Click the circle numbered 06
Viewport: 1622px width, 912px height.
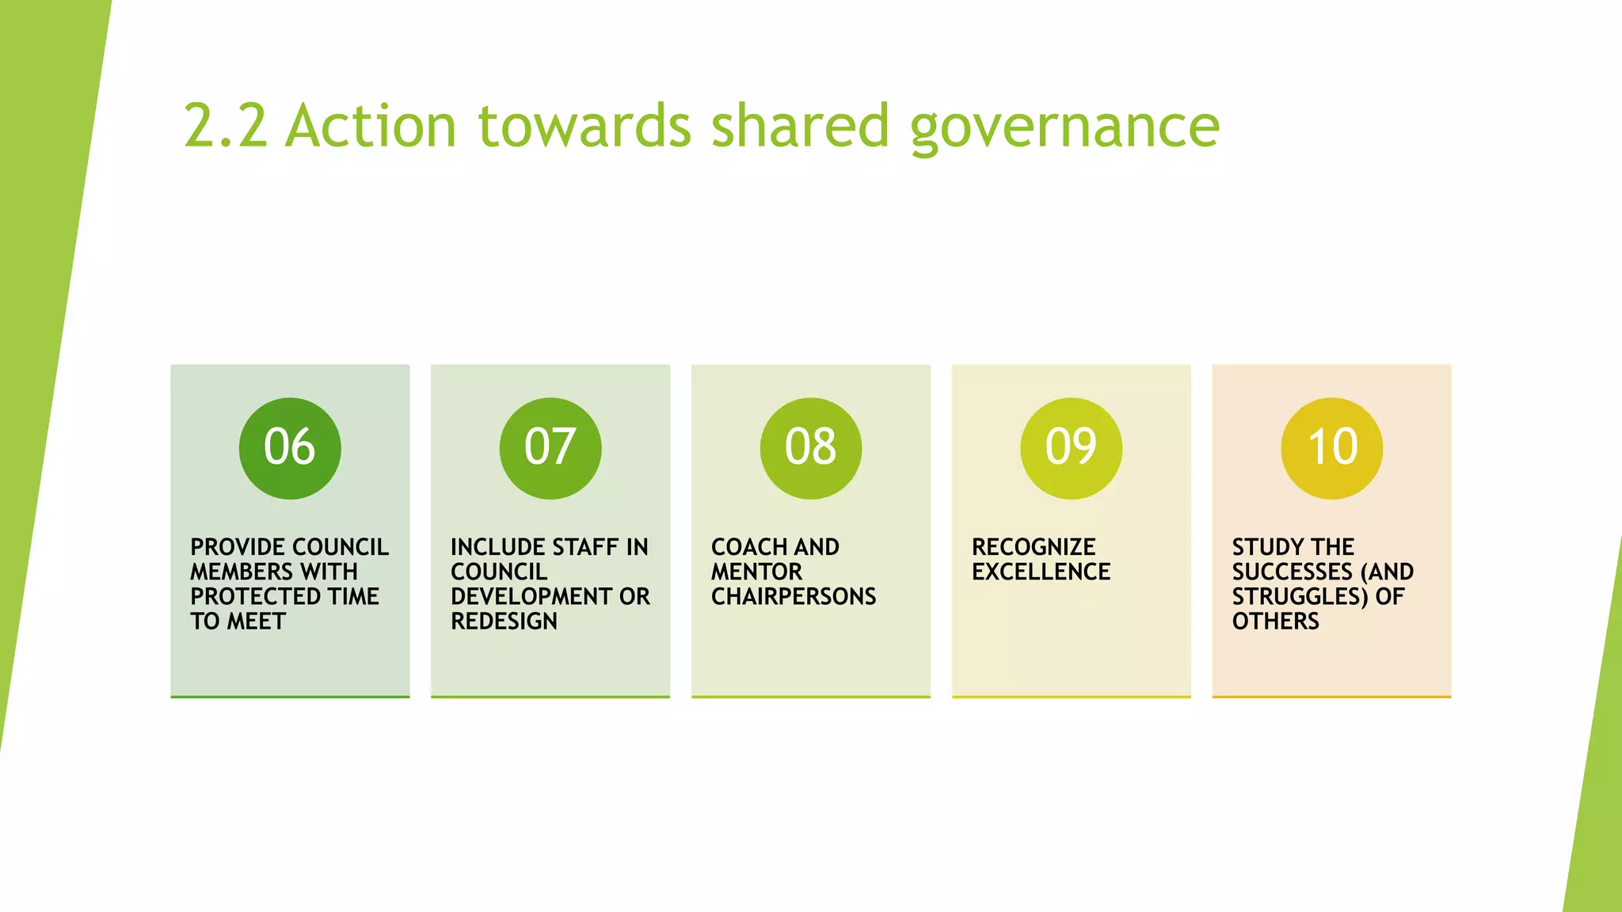click(290, 448)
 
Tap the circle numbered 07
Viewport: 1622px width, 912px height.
click(550, 448)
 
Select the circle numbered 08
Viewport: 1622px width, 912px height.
click(811, 448)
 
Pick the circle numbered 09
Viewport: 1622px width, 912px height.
click(1071, 448)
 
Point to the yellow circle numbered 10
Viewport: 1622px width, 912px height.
click(1331, 448)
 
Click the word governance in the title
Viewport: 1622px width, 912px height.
click(1064, 127)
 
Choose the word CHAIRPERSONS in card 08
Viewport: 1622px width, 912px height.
click(794, 596)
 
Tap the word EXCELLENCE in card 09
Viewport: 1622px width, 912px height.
click(1041, 572)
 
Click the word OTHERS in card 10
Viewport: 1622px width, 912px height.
click(1275, 621)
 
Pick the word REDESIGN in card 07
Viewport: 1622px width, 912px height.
click(504, 621)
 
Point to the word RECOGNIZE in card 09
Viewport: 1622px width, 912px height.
click(1034, 547)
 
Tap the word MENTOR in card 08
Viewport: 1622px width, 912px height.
click(756, 572)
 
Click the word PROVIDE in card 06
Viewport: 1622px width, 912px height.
click(237, 547)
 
